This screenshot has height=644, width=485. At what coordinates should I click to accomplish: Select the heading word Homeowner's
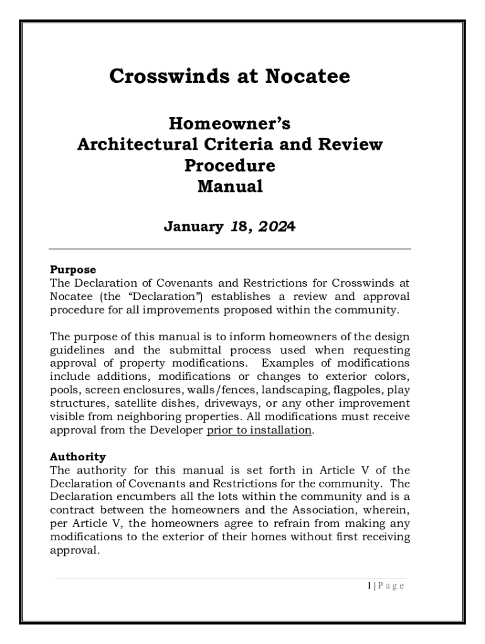pos(229,123)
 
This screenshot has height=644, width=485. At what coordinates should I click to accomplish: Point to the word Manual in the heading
pos(229,187)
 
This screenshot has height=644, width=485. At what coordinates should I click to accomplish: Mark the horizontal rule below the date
pos(229,249)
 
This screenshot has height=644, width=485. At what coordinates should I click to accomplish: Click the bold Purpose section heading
pos(72,270)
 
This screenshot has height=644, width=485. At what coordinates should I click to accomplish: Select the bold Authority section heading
pos(77,457)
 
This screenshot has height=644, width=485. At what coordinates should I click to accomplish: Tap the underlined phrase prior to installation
pos(259,430)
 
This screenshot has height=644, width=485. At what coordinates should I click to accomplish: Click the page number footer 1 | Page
pos(385,586)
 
